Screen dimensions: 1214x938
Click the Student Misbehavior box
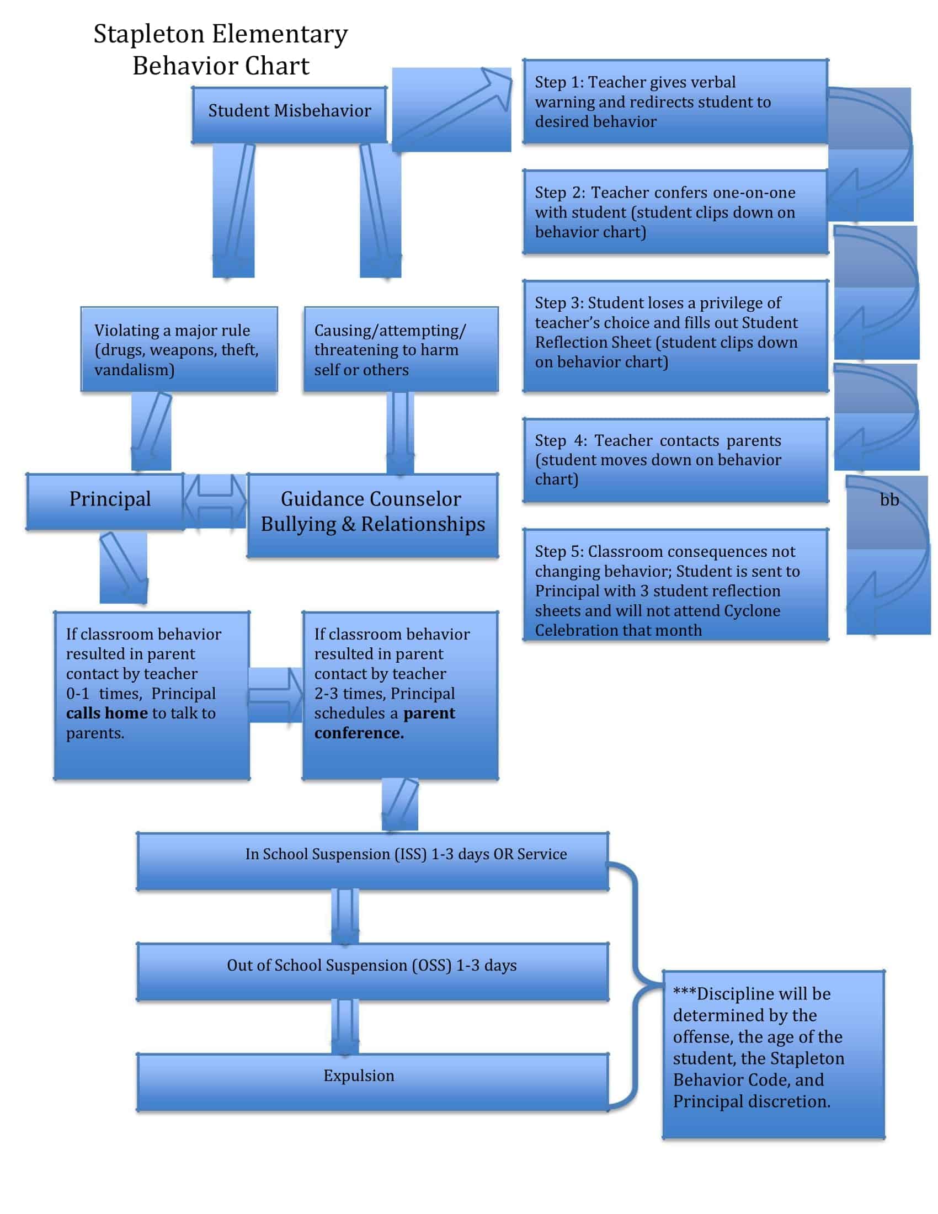[289, 115]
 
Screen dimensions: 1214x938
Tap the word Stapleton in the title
[148, 34]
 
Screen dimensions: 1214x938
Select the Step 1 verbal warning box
[675, 101]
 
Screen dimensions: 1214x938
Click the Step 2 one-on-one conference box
[675, 212]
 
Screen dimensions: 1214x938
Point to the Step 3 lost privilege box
[675, 336]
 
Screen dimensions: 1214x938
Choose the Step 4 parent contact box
[675, 460]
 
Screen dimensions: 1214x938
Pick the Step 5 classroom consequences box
[675, 584]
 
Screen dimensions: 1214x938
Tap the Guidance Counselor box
[372, 515]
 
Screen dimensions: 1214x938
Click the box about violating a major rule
[178, 349]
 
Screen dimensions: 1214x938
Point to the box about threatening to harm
[400, 349]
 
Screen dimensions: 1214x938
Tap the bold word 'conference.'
[359, 733]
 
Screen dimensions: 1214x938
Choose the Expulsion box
[372, 1082]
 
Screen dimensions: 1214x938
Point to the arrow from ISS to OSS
[344, 916]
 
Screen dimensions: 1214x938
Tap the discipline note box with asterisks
[772, 1053]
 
